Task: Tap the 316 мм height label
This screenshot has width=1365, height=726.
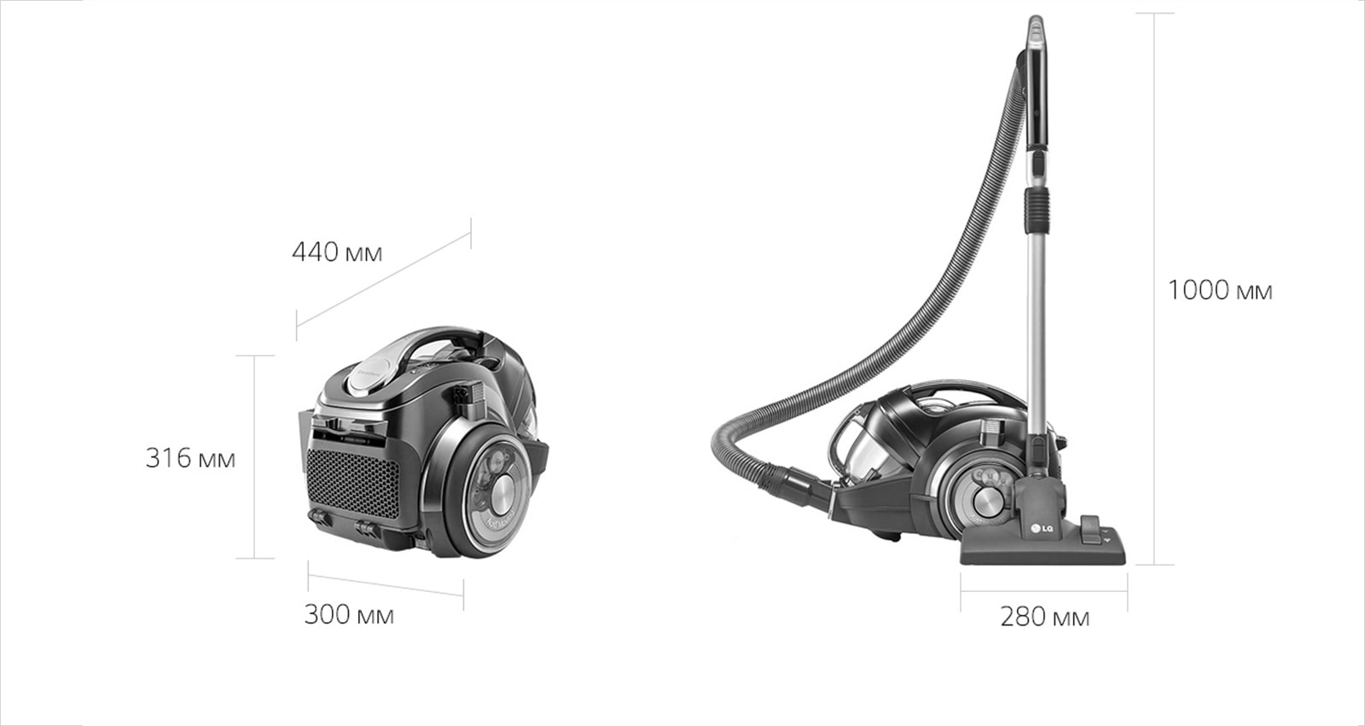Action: point(190,458)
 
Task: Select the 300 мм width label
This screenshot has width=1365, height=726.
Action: point(349,614)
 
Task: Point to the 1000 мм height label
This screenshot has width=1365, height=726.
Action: point(1220,290)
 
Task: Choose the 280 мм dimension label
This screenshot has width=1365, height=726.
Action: point(1044,617)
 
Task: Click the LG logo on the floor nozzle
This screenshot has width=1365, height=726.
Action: point(1041,528)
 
